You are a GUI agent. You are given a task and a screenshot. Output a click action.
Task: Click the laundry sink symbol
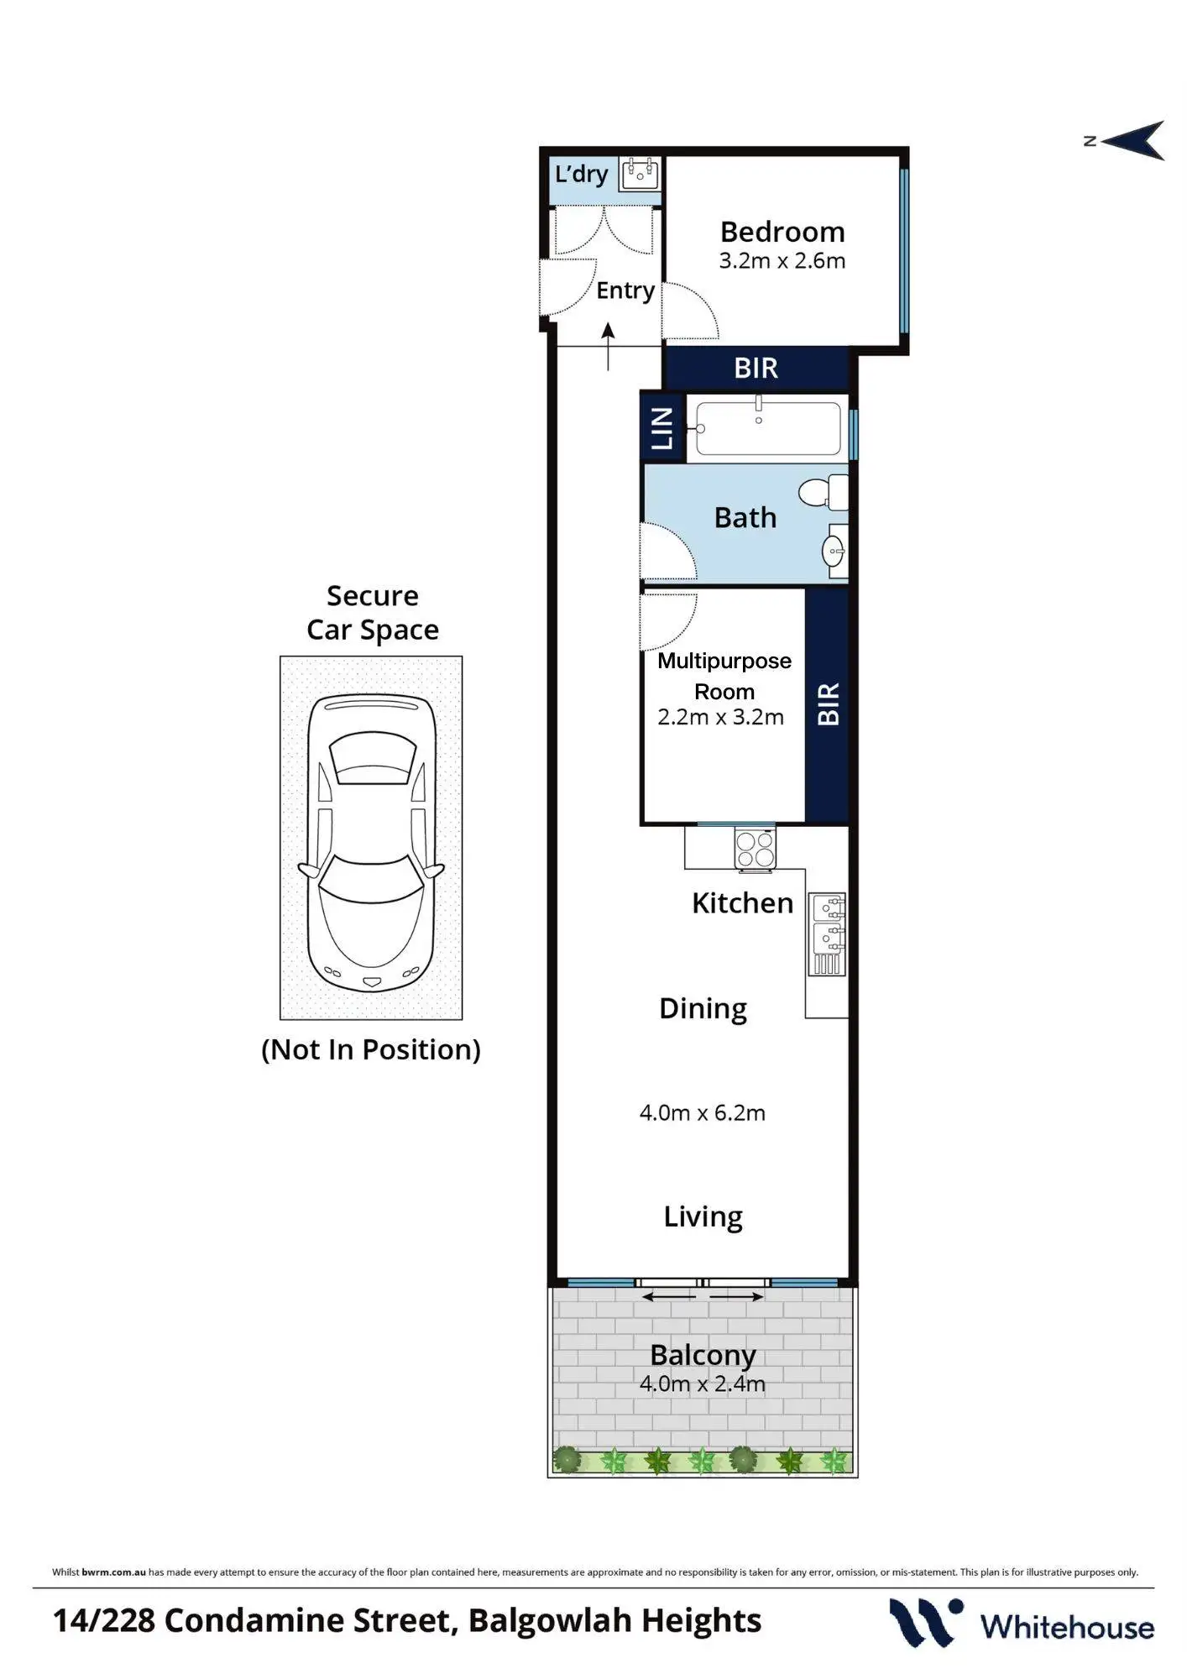pos(640,175)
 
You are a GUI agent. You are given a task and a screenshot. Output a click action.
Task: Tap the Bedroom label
pos(782,232)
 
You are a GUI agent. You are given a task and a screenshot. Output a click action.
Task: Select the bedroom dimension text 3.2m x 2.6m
pos(782,260)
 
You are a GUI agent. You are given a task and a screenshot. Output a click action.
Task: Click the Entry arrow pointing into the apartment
pos(609,345)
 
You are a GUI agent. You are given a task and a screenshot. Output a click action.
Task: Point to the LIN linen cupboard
pos(662,427)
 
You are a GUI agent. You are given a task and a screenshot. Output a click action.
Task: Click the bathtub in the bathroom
pos(767,428)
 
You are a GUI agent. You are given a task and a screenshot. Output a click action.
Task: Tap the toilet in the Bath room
pos(823,492)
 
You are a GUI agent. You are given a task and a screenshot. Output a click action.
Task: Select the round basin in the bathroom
pos(834,552)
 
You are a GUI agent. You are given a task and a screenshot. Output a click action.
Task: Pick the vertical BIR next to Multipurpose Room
pos(828,704)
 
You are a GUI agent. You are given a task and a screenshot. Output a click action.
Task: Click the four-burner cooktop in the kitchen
pos(755,848)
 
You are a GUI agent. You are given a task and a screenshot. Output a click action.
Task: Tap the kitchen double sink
pos(827,933)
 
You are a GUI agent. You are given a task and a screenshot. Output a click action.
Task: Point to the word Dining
pos(703,1008)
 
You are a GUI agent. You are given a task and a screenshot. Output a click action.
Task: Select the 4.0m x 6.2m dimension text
pos(703,1113)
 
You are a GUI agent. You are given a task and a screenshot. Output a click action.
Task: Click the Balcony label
pos(703,1355)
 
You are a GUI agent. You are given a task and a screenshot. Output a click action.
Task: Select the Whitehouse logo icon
pos(925,1622)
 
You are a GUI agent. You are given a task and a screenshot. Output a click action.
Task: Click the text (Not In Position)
pos(371,1049)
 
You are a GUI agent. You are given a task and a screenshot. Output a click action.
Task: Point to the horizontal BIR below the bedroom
pos(756,369)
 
